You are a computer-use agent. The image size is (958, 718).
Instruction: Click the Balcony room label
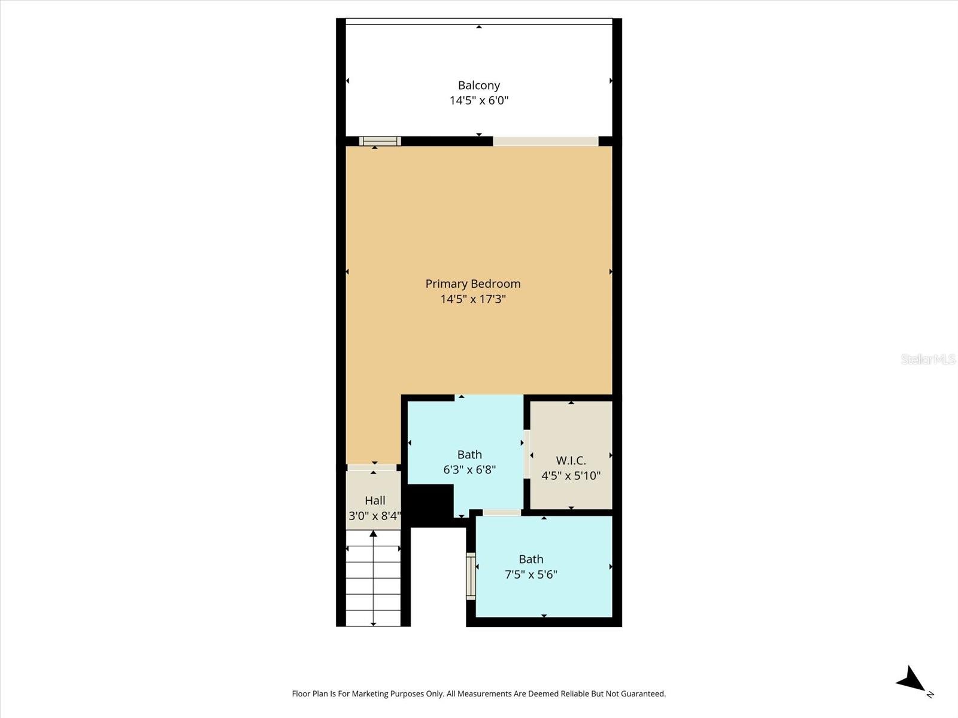pyautogui.click(x=478, y=86)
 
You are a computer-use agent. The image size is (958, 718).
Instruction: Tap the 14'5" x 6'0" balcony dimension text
pyautogui.click(x=478, y=101)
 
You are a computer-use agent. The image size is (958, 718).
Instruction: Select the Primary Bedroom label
pyautogui.click(x=472, y=284)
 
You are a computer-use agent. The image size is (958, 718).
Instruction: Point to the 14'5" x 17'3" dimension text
pyautogui.click(x=472, y=299)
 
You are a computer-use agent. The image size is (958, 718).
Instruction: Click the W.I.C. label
pyautogui.click(x=571, y=460)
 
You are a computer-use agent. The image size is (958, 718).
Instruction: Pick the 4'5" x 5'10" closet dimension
pyautogui.click(x=571, y=476)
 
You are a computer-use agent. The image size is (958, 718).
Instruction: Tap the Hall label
pyautogui.click(x=375, y=500)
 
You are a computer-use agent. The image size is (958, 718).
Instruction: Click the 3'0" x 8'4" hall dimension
pyautogui.click(x=375, y=516)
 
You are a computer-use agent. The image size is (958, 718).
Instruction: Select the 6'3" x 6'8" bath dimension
pyautogui.click(x=469, y=470)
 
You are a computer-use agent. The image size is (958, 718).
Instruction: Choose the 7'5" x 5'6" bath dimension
pyautogui.click(x=530, y=574)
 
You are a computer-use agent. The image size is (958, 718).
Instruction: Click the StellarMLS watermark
pyautogui.click(x=927, y=359)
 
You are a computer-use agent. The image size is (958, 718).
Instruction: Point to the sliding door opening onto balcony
pyautogui.click(x=545, y=141)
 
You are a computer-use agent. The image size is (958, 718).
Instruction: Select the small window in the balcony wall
pyautogui.click(x=380, y=141)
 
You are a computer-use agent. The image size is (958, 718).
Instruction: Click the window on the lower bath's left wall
pyautogui.click(x=471, y=576)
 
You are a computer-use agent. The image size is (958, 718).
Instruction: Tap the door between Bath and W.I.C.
pyautogui.click(x=527, y=454)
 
